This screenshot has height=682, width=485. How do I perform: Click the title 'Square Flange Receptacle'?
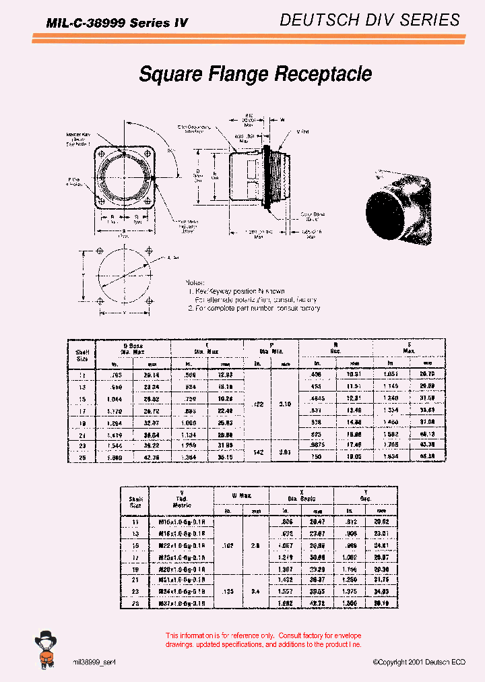pyautogui.click(x=255, y=73)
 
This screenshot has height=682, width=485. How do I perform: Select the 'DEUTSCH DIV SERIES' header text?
pyautogui.click(x=370, y=20)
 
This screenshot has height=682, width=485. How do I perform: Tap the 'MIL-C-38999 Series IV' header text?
pyautogui.click(x=117, y=23)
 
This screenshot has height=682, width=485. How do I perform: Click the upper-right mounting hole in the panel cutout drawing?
pyautogui.click(x=150, y=251)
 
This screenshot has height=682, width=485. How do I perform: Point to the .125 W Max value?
pyautogui.click(x=228, y=590)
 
